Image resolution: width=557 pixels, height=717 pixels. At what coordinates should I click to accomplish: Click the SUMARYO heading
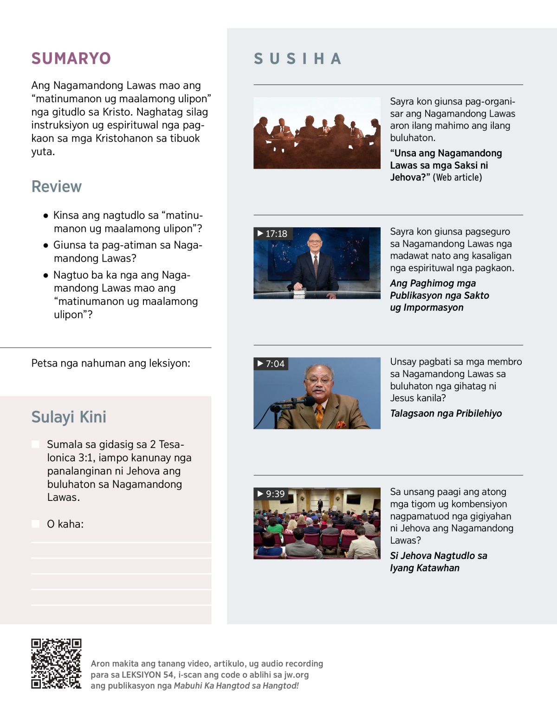coord(71,59)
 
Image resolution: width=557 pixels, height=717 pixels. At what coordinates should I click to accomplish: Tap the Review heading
coord(56,186)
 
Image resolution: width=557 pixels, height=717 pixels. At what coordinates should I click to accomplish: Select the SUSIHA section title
coord(298,59)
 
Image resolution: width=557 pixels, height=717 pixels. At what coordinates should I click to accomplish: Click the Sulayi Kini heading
coord(69,417)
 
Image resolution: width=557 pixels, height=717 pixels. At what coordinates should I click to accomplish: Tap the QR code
coord(56,663)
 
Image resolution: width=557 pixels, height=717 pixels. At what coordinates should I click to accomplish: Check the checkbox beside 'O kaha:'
coord(35,524)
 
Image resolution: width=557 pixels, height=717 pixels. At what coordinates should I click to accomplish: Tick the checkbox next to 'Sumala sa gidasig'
coord(35,444)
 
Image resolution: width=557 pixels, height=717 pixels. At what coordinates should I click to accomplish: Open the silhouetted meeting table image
coord(317,133)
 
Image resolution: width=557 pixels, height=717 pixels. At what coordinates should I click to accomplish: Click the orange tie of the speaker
coord(319,414)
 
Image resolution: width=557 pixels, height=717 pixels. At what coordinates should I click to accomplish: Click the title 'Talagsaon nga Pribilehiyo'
coord(446,413)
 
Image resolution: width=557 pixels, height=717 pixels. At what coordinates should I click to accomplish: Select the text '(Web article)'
coord(457,177)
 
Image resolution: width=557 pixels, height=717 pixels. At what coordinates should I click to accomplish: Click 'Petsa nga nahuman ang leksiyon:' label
coord(110,363)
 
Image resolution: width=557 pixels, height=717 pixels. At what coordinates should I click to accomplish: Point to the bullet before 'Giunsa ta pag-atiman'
coord(45,245)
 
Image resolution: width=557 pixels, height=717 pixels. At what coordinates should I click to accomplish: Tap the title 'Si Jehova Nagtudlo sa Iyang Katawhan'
coord(438,561)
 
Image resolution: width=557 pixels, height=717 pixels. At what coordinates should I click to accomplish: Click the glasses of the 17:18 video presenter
coord(315,241)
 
